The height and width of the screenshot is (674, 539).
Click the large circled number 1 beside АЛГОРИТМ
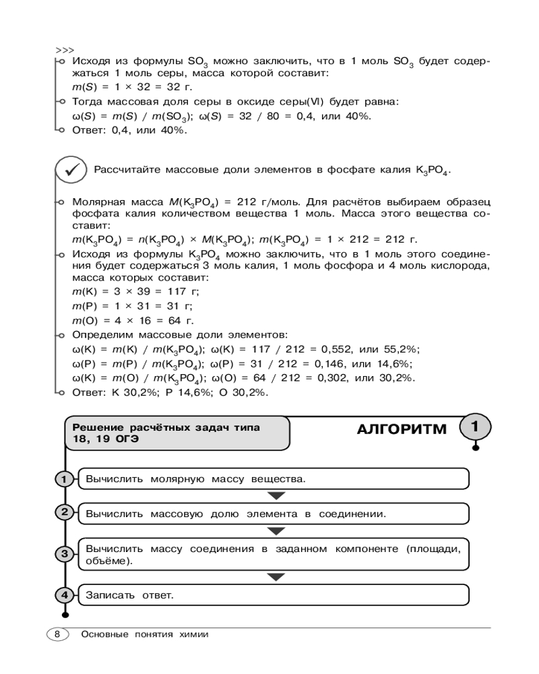pyautogui.click(x=475, y=427)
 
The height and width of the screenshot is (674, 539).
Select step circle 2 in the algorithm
pyautogui.click(x=64, y=512)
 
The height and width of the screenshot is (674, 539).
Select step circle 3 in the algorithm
pyautogui.click(x=64, y=554)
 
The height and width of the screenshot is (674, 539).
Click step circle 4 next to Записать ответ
pyautogui.click(x=64, y=595)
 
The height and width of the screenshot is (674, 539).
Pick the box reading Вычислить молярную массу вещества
pyautogui.click(x=274, y=479)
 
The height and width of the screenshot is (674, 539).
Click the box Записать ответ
pyautogui.click(x=274, y=595)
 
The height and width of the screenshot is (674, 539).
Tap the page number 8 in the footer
pyautogui.click(x=57, y=634)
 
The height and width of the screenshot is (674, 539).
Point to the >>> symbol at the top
pyautogui.click(x=65, y=51)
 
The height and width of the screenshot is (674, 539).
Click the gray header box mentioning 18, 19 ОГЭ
pyautogui.click(x=177, y=433)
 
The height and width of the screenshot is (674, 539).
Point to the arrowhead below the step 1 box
pyautogui.click(x=276, y=496)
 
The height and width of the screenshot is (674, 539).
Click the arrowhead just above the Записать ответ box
pyautogui.click(x=276, y=577)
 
